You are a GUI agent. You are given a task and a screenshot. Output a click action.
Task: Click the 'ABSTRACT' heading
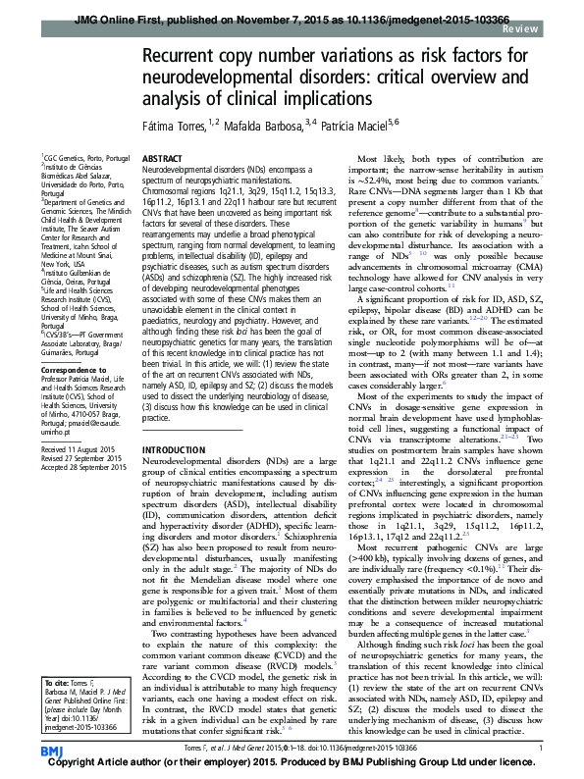click(162, 158)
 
